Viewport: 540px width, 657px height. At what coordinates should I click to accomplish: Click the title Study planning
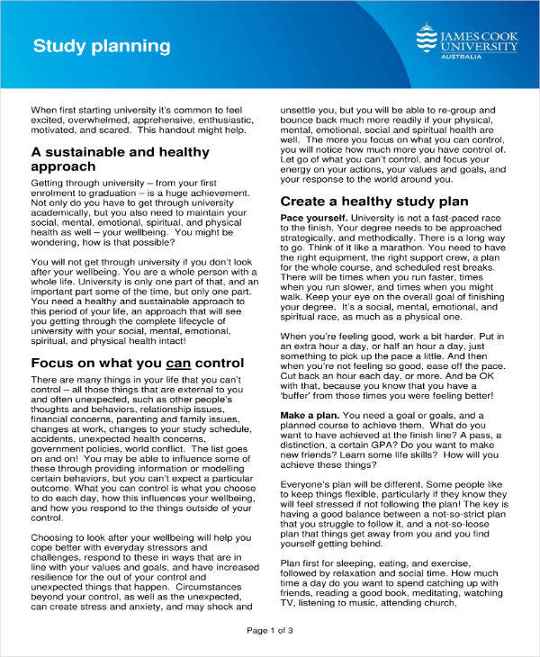[101, 45]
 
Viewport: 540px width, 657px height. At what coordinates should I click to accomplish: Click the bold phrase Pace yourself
[313, 218]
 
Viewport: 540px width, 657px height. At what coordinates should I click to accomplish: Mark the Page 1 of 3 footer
[270, 630]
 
